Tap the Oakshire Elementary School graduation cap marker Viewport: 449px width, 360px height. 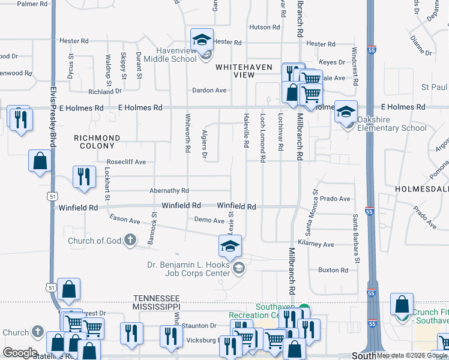click(x=346, y=112)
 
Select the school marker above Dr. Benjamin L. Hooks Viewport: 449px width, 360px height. click(x=230, y=246)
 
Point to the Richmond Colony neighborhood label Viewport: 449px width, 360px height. click(x=97, y=142)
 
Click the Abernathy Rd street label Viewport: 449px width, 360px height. click(x=169, y=191)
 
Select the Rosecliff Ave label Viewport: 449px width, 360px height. click(x=126, y=162)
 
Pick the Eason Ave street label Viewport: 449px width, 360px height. click(x=124, y=221)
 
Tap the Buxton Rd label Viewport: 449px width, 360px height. click(x=333, y=270)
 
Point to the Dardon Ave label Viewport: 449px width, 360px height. click(x=209, y=91)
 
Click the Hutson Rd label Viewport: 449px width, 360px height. click(x=261, y=27)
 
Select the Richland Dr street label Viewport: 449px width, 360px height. click(x=105, y=92)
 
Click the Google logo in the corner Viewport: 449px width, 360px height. click(x=20, y=352)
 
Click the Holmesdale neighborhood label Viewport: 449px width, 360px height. click(x=422, y=189)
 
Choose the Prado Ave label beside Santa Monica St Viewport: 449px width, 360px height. click(x=334, y=199)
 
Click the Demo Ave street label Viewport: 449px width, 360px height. click(x=209, y=220)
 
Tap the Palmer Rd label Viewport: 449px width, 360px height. click(x=32, y=4)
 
